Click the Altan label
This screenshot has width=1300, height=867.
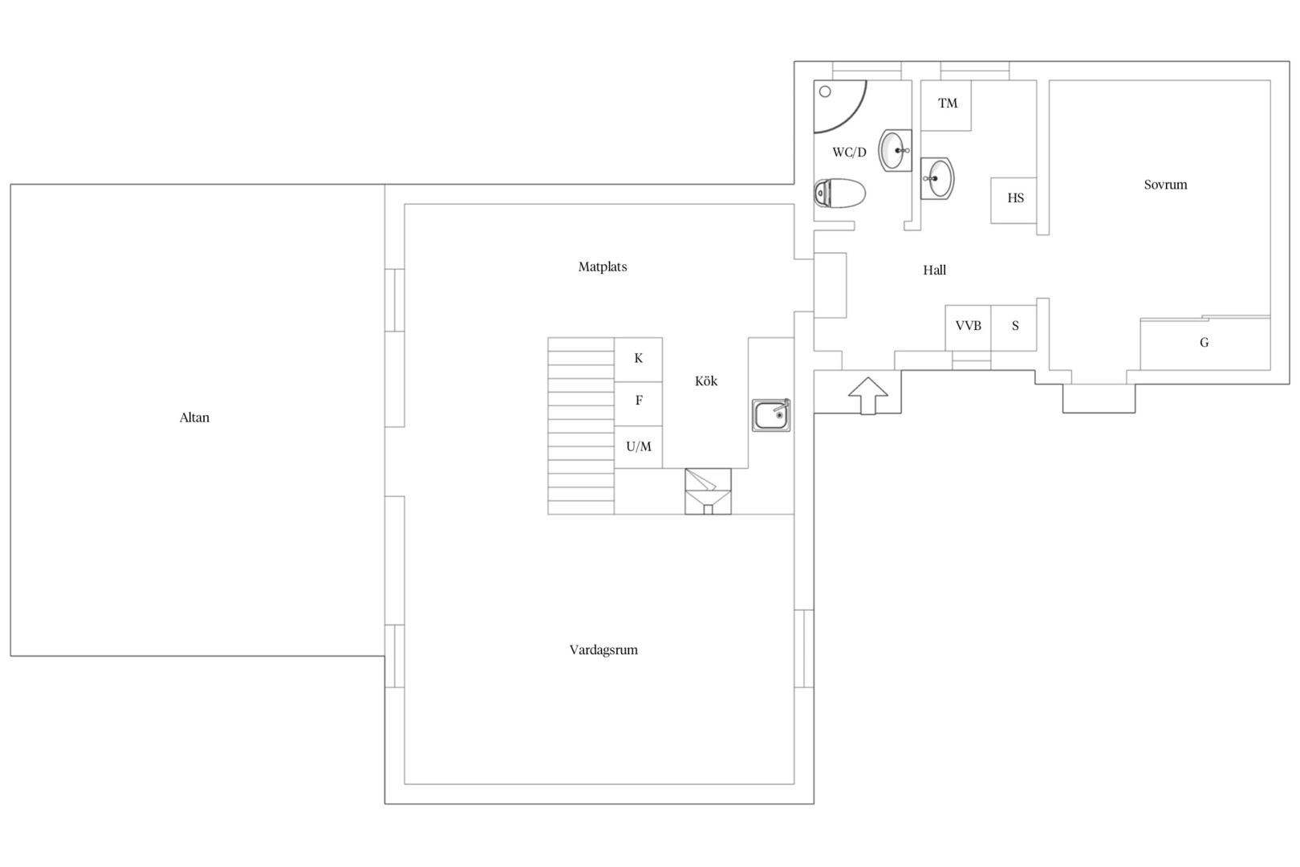point(194,417)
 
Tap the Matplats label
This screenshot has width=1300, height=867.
point(603,267)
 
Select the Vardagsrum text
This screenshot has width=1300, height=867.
point(603,649)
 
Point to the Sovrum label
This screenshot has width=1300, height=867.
point(1165,185)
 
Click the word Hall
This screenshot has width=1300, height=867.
point(934,270)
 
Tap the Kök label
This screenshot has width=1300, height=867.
point(706,381)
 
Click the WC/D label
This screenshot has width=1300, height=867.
point(849,153)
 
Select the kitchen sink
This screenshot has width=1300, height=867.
point(771,414)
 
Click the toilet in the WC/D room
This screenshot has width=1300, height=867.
point(839,193)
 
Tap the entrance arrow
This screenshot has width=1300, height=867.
point(868,396)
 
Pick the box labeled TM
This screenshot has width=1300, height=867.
point(946,106)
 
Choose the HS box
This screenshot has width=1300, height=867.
point(1014,201)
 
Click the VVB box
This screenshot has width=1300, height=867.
point(968,328)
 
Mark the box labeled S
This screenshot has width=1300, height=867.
point(1014,328)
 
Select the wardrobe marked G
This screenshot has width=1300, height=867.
point(1205,344)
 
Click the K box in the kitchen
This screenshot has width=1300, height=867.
point(639,360)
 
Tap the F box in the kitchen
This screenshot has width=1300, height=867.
point(639,404)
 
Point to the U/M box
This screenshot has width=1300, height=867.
point(639,447)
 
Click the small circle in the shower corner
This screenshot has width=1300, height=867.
point(825,92)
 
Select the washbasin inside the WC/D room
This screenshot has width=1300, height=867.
point(895,150)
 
